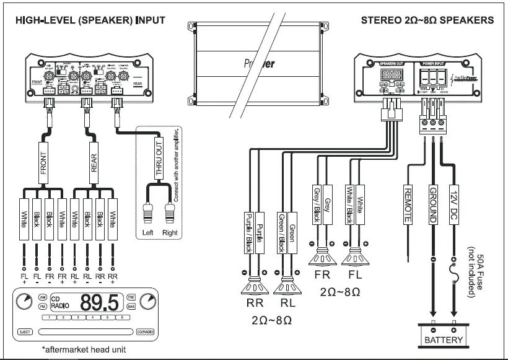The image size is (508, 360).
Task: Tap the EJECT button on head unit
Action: (x=26, y=332)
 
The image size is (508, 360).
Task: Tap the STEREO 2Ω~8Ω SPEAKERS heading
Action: (x=427, y=20)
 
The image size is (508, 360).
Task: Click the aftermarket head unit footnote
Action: (x=84, y=350)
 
